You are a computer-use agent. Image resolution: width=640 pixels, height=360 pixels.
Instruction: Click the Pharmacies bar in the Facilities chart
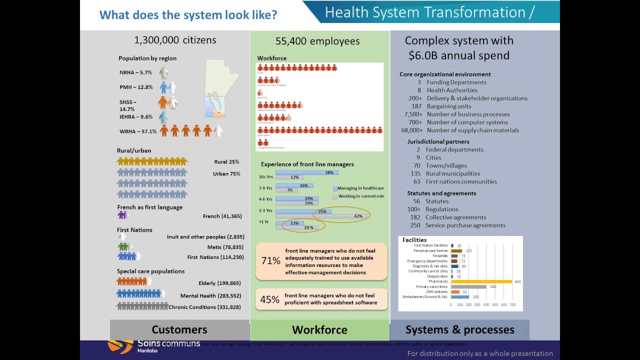pos(481,281)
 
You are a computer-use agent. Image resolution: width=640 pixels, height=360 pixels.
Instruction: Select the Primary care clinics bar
pos(468,286)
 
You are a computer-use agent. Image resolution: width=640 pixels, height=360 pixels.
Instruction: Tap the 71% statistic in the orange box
pos(270,260)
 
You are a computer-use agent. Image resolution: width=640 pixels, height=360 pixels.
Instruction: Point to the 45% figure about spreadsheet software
pos(269,299)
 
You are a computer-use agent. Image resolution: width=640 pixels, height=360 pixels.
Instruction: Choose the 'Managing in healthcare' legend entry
pos(360,188)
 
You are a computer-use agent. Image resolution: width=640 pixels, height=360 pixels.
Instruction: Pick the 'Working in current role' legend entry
pos(360,196)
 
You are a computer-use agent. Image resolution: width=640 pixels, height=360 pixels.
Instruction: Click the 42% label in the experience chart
pos(358,216)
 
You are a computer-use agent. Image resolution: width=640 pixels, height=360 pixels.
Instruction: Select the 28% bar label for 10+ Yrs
pos(329,172)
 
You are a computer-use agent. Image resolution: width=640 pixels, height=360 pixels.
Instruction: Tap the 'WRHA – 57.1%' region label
pos(138,131)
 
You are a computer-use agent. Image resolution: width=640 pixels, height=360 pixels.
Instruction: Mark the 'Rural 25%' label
pos(226,162)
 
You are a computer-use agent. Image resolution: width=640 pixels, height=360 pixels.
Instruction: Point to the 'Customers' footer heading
pos(179,329)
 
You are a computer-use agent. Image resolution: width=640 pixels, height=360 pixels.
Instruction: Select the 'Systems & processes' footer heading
pos(459,329)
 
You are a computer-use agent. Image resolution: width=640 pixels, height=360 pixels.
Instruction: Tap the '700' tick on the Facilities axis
pos(512,304)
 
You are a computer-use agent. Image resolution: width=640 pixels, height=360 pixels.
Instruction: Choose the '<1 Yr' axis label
pos(263,222)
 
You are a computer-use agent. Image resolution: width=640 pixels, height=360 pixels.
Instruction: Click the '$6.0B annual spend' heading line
pos(458,55)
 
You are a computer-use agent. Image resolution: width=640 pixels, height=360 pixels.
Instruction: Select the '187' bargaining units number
pos(416,106)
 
